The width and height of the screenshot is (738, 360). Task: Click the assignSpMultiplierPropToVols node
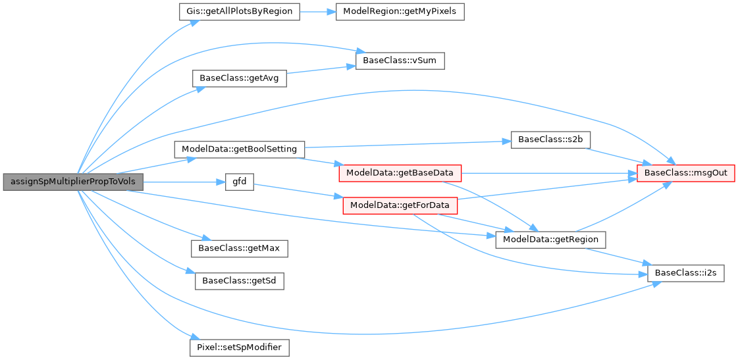73,182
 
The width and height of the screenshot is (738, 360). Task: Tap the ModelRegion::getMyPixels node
400,12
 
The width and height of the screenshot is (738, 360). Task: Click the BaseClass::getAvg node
239,78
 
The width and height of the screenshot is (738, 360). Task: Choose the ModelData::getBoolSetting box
239,149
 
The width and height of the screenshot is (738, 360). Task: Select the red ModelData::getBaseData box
400,173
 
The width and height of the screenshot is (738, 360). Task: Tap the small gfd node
240,182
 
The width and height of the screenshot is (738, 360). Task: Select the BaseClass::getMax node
240,248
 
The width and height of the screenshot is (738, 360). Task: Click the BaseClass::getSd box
240,280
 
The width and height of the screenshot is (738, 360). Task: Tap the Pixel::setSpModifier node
240,346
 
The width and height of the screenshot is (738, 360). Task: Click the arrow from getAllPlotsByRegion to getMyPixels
317,12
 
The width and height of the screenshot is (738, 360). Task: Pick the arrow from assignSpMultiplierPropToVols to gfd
184,182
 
